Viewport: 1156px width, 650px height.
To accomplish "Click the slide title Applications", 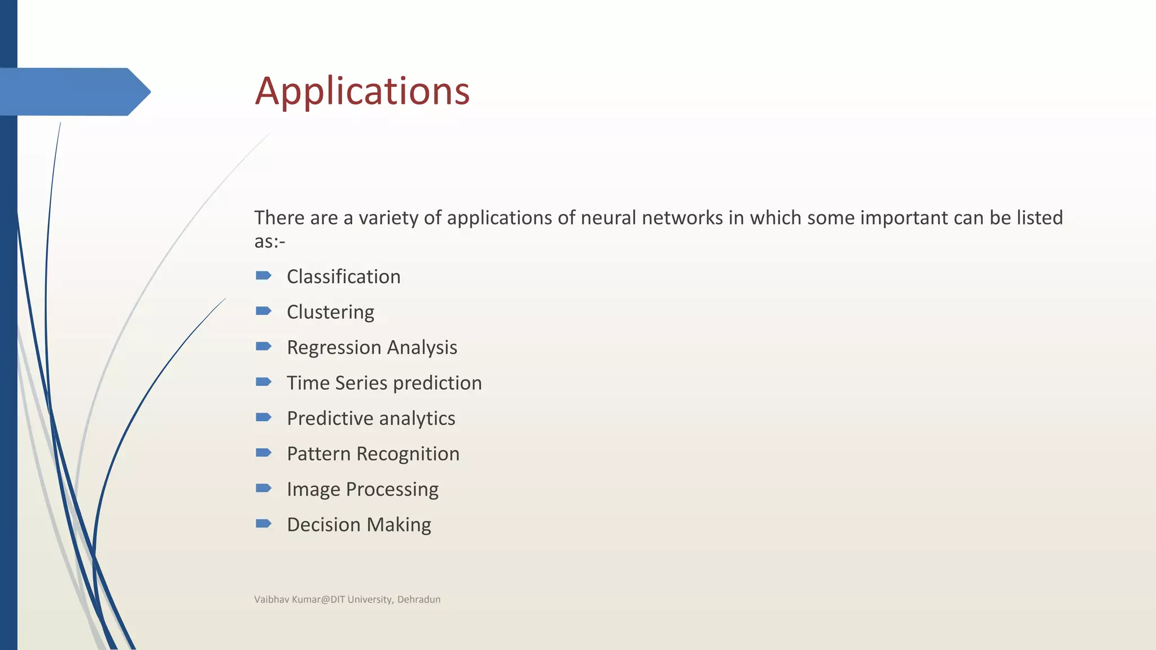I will point(362,91).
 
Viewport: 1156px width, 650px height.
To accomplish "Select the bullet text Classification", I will point(343,276).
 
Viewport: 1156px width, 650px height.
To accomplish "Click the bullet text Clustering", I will point(330,312).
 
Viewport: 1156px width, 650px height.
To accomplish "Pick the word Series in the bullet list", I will point(361,383).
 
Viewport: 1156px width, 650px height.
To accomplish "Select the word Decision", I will point(323,525).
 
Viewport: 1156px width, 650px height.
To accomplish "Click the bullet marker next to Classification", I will point(264,275).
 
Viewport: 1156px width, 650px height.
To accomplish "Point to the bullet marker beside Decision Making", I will point(264,524).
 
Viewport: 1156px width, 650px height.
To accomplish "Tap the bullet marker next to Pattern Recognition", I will point(264,453).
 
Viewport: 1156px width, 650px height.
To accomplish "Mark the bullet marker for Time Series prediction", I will point(264,382).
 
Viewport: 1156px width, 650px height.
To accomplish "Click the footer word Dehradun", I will point(419,599).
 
